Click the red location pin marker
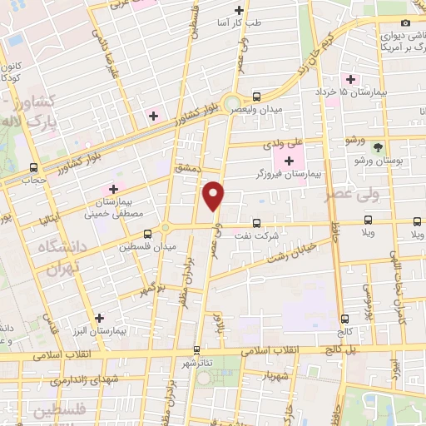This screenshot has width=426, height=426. [x=214, y=196]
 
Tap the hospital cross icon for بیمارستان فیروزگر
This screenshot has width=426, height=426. [x=290, y=161]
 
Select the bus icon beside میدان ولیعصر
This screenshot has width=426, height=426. [x=257, y=96]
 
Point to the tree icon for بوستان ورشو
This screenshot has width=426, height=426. [x=379, y=146]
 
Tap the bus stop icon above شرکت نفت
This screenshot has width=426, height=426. [x=256, y=223]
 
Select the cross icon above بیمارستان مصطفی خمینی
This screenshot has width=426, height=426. [x=113, y=190]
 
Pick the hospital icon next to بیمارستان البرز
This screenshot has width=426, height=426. [x=100, y=317]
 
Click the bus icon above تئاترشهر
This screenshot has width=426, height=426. [x=197, y=350]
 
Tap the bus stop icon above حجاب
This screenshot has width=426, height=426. [x=33, y=166]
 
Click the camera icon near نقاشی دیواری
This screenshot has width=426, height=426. [x=406, y=25]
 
